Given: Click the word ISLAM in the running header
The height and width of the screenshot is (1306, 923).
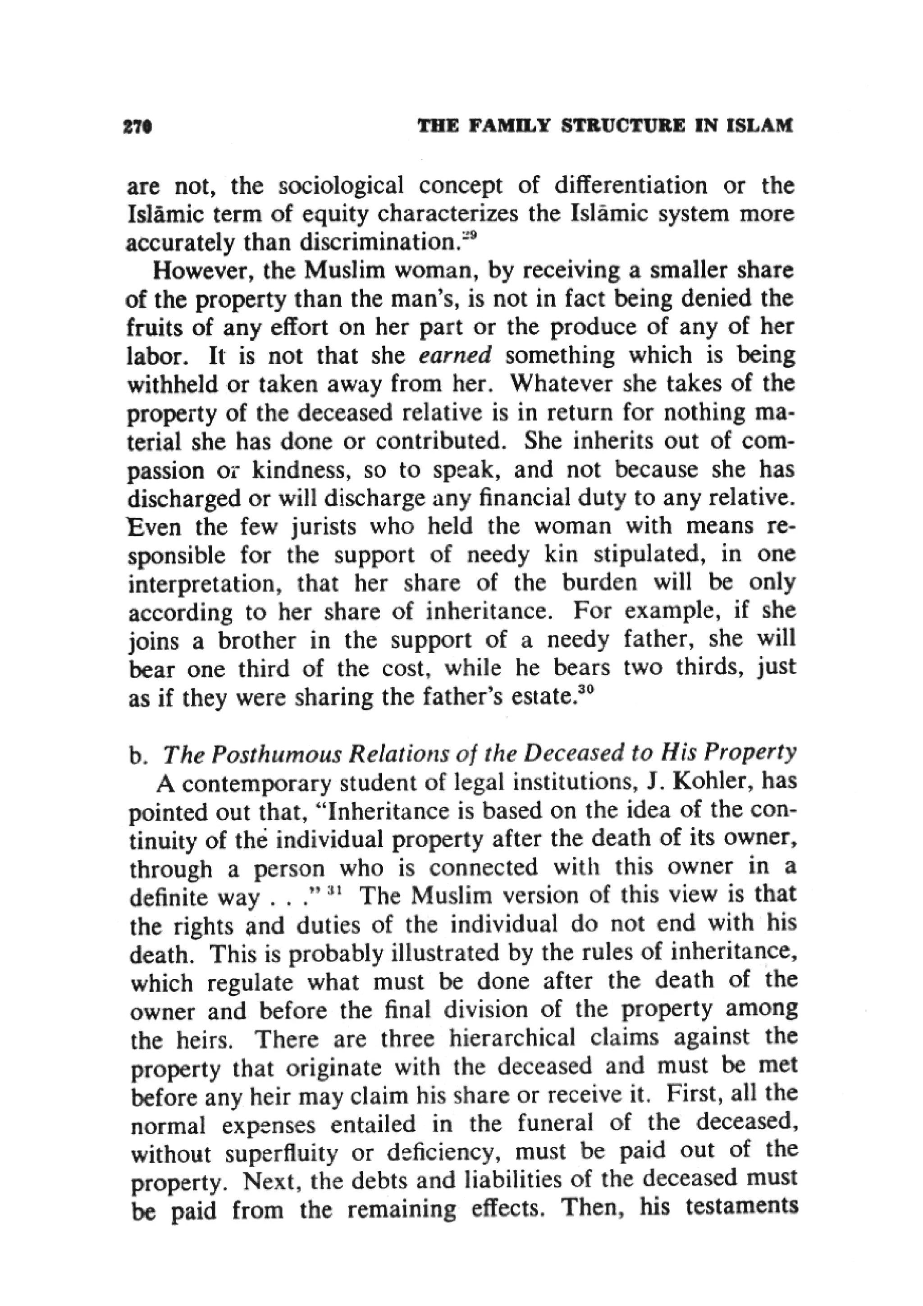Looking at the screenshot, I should click(759, 126).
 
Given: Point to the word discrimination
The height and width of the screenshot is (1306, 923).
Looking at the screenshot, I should click(379, 243).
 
